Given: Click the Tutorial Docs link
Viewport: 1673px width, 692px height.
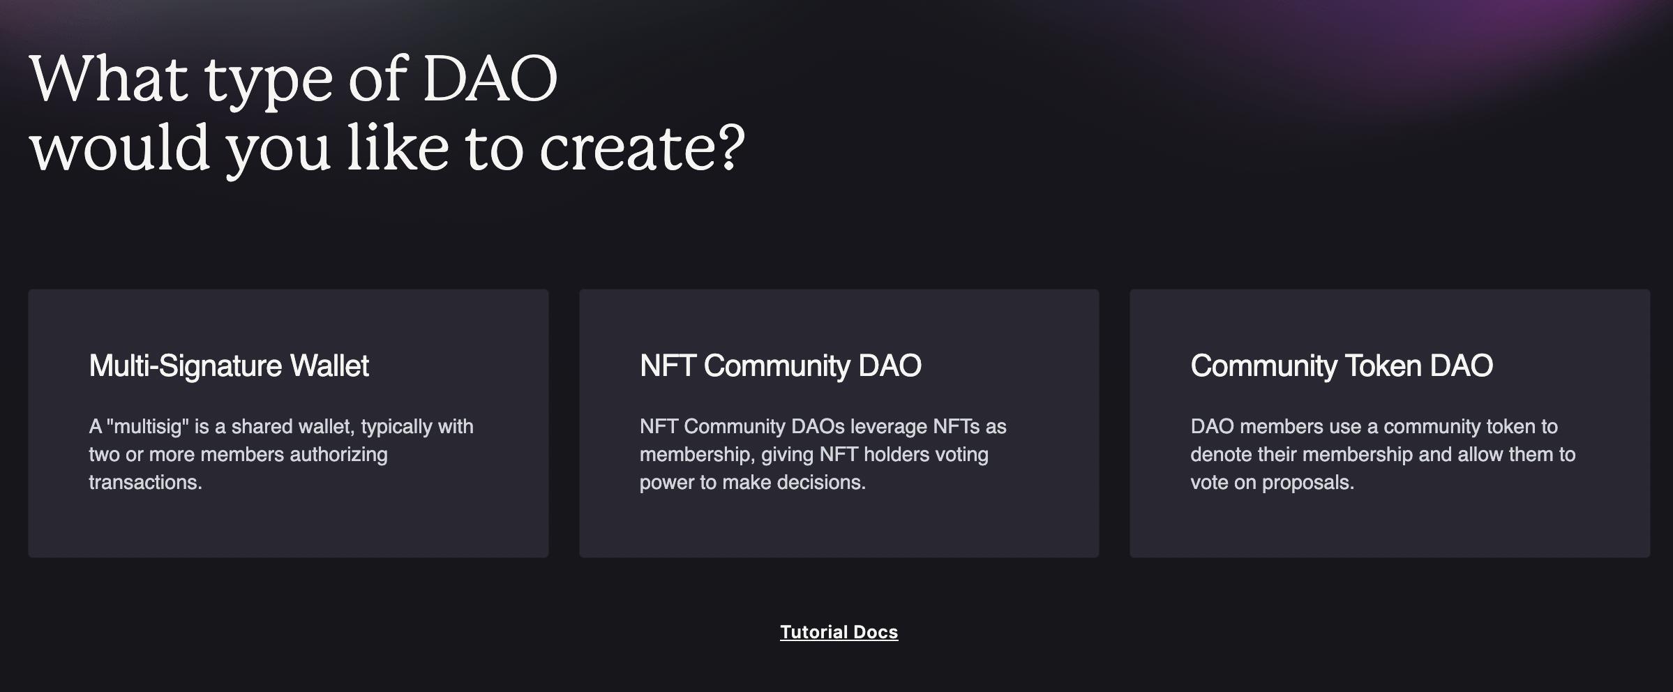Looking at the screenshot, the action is coord(839,632).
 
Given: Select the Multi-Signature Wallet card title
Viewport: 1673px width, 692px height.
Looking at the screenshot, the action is coord(229,366).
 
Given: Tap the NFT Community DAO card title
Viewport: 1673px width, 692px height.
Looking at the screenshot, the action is coord(781,366).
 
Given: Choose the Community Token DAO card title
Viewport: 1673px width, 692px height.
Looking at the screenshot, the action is coord(1342,366).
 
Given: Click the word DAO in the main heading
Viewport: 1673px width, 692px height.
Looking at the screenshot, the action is coord(490,78).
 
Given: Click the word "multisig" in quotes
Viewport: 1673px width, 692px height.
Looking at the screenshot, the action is coord(147,426).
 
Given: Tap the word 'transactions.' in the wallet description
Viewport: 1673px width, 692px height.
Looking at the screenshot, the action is coord(145,482).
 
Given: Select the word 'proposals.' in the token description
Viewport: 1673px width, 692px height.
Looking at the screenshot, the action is coord(1308,483).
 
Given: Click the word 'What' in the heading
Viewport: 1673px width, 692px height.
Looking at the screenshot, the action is coord(109,78).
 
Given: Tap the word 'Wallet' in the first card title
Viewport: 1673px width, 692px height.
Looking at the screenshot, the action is coord(329,366).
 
